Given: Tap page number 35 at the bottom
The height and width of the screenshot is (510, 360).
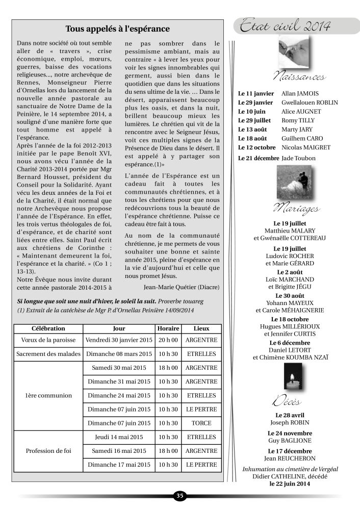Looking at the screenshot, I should point(180,495).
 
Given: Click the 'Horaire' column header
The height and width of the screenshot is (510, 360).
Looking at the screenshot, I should point(168,328).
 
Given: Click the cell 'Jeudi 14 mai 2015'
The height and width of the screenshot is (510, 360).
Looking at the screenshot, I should point(118,437).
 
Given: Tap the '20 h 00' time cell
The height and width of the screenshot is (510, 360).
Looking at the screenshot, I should point(168,340).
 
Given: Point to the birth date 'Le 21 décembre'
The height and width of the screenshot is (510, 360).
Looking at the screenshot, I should point(259,158).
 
